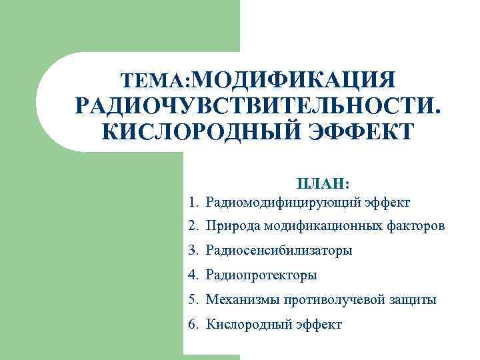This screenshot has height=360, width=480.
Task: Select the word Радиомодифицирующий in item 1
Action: pyautogui.click(x=283, y=201)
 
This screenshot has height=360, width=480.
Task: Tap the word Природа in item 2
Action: pyautogui.click(x=233, y=226)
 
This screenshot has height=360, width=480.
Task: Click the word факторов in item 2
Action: pyautogui.click(x=416, y=226)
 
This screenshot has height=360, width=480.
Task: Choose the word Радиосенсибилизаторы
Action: pyautogui.click(x=279, y=251)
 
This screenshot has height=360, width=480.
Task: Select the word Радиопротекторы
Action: pyautogui.click(x=261, y=275)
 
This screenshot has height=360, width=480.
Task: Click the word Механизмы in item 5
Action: pyautogui.click(x=239, y=300)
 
